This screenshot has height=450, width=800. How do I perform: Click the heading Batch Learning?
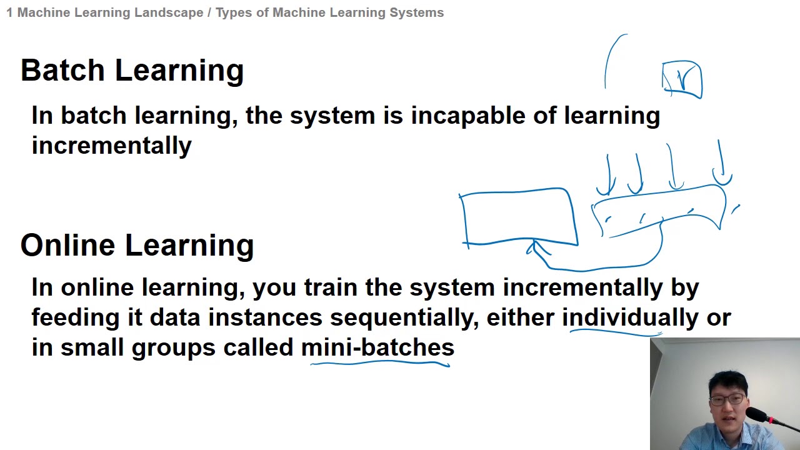tap(132, 71)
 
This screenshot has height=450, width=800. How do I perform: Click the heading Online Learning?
tap(137, 245)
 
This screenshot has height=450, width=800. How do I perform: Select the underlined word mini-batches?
tap(377, 347)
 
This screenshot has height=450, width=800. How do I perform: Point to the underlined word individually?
tap(630, 317)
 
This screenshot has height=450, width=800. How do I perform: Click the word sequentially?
tap(404, 317)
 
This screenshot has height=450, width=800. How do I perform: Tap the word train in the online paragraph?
tap(331, 287)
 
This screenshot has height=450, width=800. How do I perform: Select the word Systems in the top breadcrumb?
tap(419, 12)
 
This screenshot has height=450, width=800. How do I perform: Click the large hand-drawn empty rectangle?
tap(518, 217)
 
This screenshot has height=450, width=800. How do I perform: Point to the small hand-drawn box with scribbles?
tap(682, 79)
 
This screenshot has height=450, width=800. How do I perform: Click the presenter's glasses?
tap(727, 398)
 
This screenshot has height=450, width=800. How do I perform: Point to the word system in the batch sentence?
tap(332, 116)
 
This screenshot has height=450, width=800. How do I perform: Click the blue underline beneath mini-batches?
tap(380, 362)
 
